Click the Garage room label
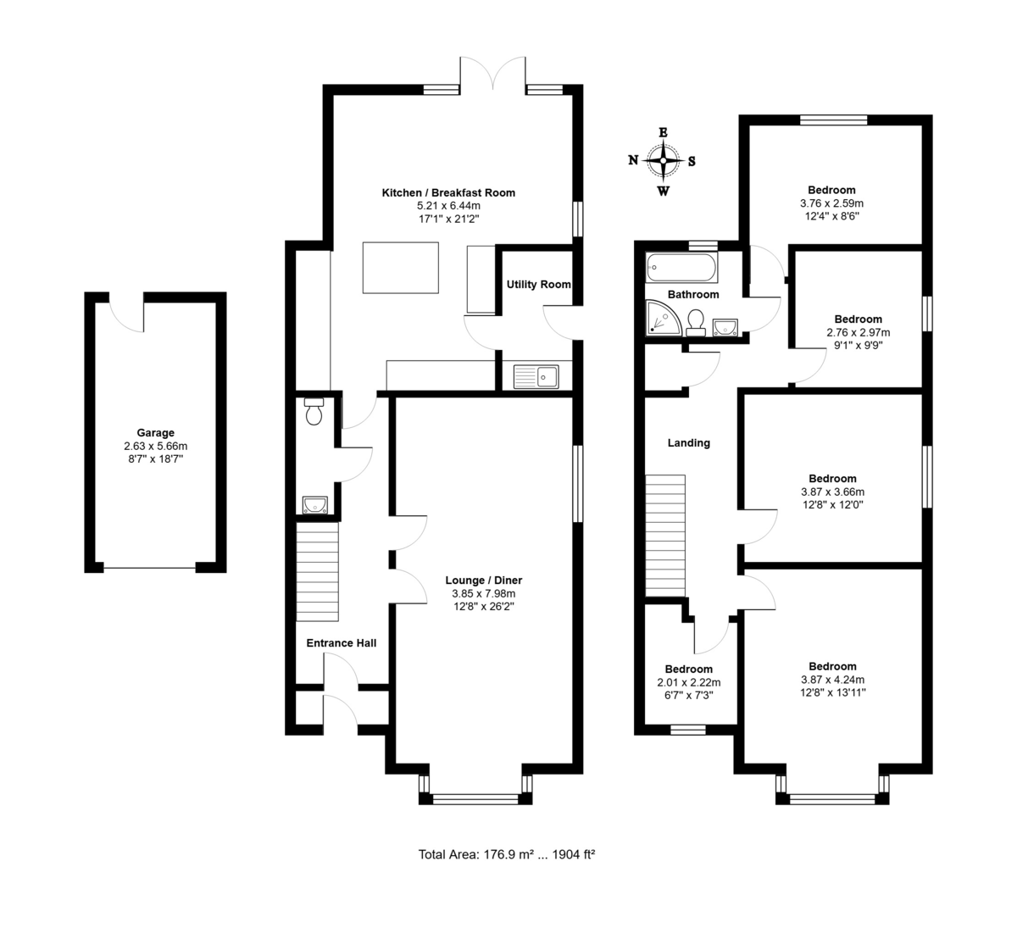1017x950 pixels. pos(155,433)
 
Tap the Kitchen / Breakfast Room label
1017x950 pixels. pos(448,192)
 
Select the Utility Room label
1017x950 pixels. pos(539,284)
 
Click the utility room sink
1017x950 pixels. pos(536,376)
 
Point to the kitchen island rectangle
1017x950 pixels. pos(401,268)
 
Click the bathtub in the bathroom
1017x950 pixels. pos(681,267)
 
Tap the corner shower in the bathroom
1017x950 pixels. pos(662,319)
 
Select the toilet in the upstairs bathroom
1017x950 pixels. pos(696,323)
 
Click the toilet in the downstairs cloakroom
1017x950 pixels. pos(314,411)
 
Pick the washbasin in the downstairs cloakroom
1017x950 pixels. pos(315,504)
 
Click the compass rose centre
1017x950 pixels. pos(663,161)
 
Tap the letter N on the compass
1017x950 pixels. pos(633,160)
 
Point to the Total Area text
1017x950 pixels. pos(507,854)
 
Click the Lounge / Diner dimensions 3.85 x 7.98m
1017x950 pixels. pos(483,593)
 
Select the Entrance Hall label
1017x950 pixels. pos(341,643)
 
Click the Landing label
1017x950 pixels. pos(689,443)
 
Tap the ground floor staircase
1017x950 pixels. pos(317,571)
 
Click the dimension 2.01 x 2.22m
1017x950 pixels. pos(689,682)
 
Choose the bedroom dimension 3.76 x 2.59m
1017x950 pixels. pos(831,203)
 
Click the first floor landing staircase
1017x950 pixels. pos(665,536)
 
